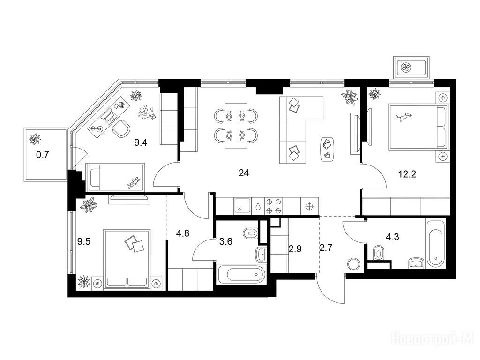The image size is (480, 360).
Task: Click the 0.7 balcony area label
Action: [43, 155]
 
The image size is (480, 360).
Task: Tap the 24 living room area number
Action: [244, 173]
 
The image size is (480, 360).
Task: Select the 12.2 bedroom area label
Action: [407, 174]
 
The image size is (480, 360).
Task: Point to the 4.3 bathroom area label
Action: [392, 237]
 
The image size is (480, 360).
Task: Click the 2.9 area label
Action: [295, 249]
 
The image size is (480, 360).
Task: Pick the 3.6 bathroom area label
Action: [226, 241]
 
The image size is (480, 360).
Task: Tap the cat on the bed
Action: [404, 117]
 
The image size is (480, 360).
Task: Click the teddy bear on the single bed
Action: [134, 182]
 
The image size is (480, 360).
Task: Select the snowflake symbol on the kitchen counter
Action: [310, 206]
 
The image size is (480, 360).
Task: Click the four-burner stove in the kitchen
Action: [274, 206]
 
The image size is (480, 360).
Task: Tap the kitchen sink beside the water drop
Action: [242, 205]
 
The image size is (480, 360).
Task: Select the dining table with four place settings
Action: [236, 126]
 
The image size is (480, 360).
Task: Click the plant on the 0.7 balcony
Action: [34, 139]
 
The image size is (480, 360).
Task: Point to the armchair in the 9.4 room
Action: [121, 129]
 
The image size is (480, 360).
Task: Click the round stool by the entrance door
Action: [354, 264]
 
